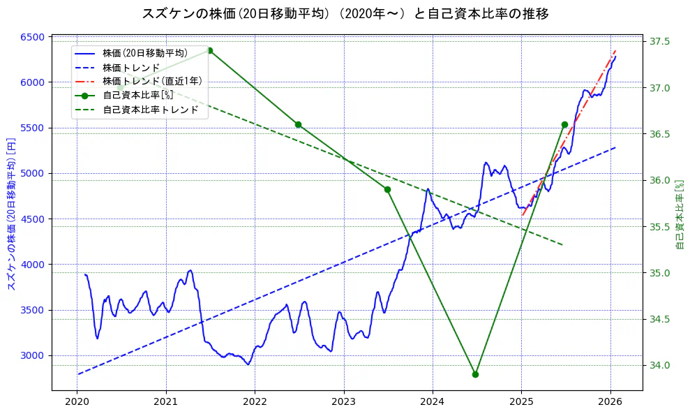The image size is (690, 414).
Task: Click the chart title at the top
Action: pyautogui.click(x=345, y=14)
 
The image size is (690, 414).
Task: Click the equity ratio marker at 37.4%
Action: pyautogui.click(x=209, y=50)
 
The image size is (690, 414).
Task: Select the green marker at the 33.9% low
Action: pyautogui.click(x=475, y=374)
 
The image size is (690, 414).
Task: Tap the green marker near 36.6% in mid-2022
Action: pyautogui.click(x=298, y=124)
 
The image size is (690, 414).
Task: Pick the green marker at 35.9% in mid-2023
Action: pyautogui.click(x=387, y=189)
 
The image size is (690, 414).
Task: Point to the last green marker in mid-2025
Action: pyautogui.click(x=564, y=124)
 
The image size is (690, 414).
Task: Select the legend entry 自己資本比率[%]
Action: pyautogui.click(x=137, y=95)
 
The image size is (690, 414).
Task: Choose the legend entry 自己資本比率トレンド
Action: pyautogui.click(x=150, y=110)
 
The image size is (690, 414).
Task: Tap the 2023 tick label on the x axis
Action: pyautogui.click(x=343, y=401)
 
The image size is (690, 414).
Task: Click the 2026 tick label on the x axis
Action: pyautogui.click(x=610, y=401)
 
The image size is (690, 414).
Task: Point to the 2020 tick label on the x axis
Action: pyautogui.click(x=77, y=401)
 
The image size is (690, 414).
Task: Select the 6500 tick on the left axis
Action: pyautogui.click(x=35, y=37)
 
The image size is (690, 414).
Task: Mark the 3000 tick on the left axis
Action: pyautogui.click(x=35, y=355)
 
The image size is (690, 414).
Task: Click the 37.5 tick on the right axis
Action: pyautogui.click(x=659, y=42)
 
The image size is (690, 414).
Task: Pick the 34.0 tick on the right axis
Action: pyautogui.click(x=659, y=365)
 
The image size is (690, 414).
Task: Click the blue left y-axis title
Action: pyautogui.click(x=10, y=214)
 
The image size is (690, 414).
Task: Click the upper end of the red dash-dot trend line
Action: pyautogui.click(x=615, y=51)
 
